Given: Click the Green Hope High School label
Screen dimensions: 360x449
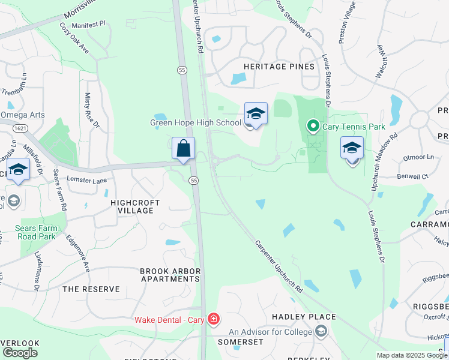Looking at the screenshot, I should point(195,123).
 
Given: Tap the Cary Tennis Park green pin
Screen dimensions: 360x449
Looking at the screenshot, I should point(312,126).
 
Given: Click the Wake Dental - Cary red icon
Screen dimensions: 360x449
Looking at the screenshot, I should point(212,319).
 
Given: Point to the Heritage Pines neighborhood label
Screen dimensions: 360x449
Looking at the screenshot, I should point(279,67).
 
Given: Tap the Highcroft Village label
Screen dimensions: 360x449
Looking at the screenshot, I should point(135,206).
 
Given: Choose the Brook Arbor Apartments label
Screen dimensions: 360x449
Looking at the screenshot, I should point(170,275).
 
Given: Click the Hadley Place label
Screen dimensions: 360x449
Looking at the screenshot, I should point(304,316).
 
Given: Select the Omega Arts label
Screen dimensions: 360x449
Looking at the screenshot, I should point(23,115).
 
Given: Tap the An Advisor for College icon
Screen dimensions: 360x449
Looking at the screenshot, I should point(322,331).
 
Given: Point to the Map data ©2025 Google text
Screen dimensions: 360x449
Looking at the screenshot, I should point(411,355).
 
